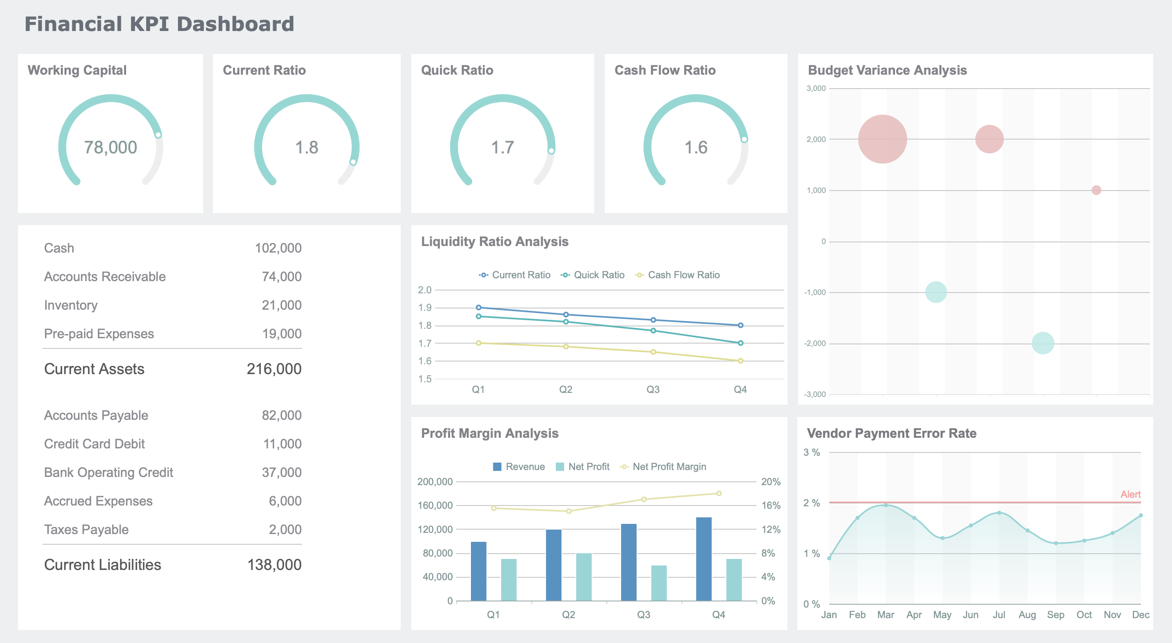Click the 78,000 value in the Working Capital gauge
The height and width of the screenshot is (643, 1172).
[111, 147]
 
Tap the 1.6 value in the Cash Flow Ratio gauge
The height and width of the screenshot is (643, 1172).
[696, 147]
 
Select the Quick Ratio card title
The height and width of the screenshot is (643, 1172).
[457, 70]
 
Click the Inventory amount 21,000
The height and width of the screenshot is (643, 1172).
[281, 305]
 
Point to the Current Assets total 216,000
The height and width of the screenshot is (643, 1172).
[274, 369]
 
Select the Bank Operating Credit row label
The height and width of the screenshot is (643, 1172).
[108, 472]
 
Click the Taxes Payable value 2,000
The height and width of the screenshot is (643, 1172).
[285, 529]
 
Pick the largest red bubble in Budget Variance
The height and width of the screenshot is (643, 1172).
[882, 139]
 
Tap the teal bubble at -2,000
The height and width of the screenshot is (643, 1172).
[1043, 343]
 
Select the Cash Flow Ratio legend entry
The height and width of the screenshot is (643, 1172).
[678, 275]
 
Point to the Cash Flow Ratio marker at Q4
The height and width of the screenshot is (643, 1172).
[740, 361]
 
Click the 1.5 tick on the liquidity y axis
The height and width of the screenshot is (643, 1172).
[424, 379]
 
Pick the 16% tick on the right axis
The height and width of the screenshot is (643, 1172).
[771, 505]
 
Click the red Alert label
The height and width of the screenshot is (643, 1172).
[1130, 494]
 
